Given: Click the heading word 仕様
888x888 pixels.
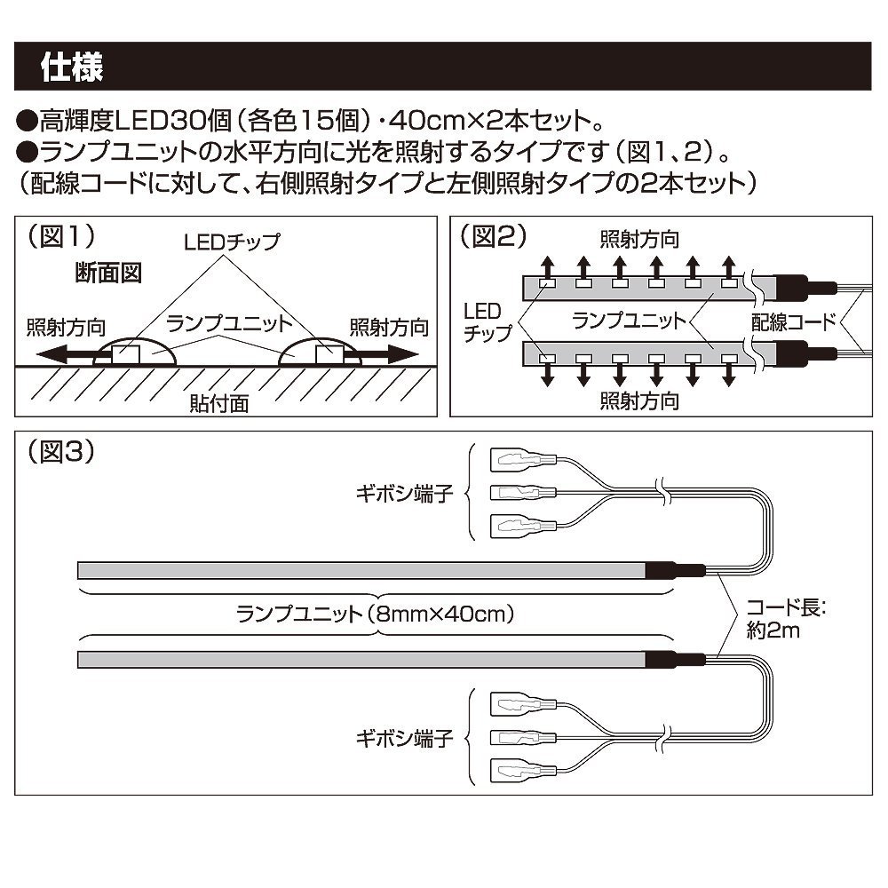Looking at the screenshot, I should [x=72, y=67].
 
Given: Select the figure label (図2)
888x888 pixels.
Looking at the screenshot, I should [x=495, y=236].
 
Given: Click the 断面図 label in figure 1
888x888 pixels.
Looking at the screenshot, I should [x=108, y=273].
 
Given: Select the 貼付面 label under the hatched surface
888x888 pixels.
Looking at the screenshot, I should [x=219, y=403].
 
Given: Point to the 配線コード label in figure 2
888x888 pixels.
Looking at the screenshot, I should [x=794, y=321].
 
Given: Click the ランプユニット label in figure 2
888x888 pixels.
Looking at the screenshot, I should [x=630, y=321].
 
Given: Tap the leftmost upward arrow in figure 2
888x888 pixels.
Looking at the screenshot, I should [x=548, y=266].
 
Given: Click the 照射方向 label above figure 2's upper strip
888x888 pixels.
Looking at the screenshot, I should [x=639, y=240].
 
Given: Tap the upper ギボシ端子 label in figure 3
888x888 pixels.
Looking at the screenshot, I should [x=414, y=493].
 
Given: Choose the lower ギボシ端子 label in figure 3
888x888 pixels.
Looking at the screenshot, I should [x=414, y=738].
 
